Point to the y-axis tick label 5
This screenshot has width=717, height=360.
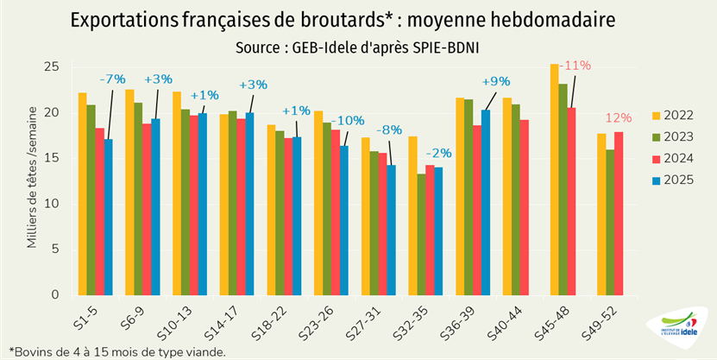[54, 249]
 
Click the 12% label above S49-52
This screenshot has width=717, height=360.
[618, 117]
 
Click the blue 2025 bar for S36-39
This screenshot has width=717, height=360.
[486, 202]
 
